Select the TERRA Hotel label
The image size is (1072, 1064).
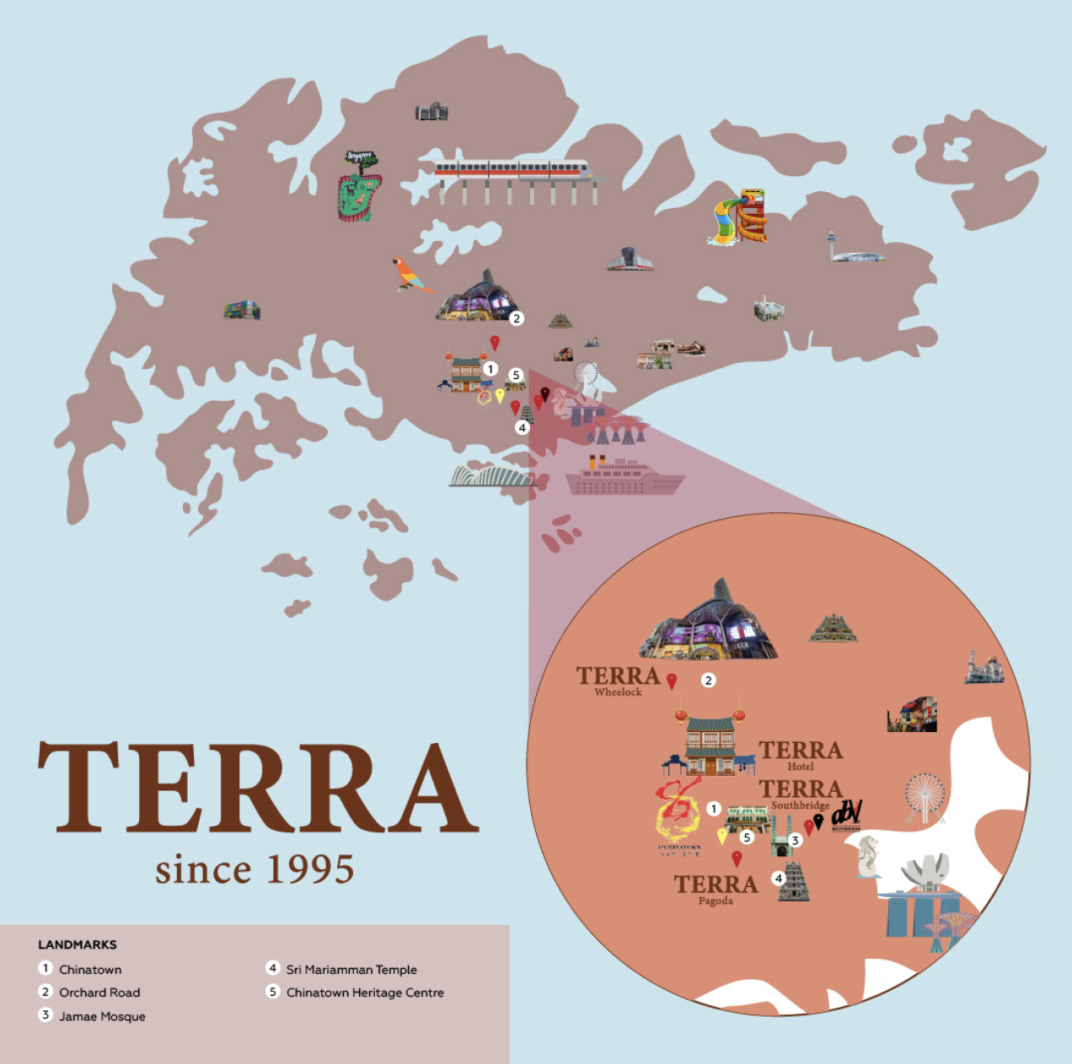click(x=800, y=754)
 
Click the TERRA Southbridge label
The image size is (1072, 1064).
click(x=800, y=794)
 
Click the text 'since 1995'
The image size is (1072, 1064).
click(x=254, y=869)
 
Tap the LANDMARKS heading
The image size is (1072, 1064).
click(x=78, y=944)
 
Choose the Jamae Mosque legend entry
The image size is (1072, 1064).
click(x=101, y=1016)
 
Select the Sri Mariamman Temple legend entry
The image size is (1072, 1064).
click(x=351, y=970)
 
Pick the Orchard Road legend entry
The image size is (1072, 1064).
click(x=99, y=992)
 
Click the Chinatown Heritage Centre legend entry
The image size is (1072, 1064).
click(x=364, y=992)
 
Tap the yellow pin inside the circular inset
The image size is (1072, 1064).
click(x=721, y=835)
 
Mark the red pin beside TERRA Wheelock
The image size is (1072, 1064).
click(x=672, y=681)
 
